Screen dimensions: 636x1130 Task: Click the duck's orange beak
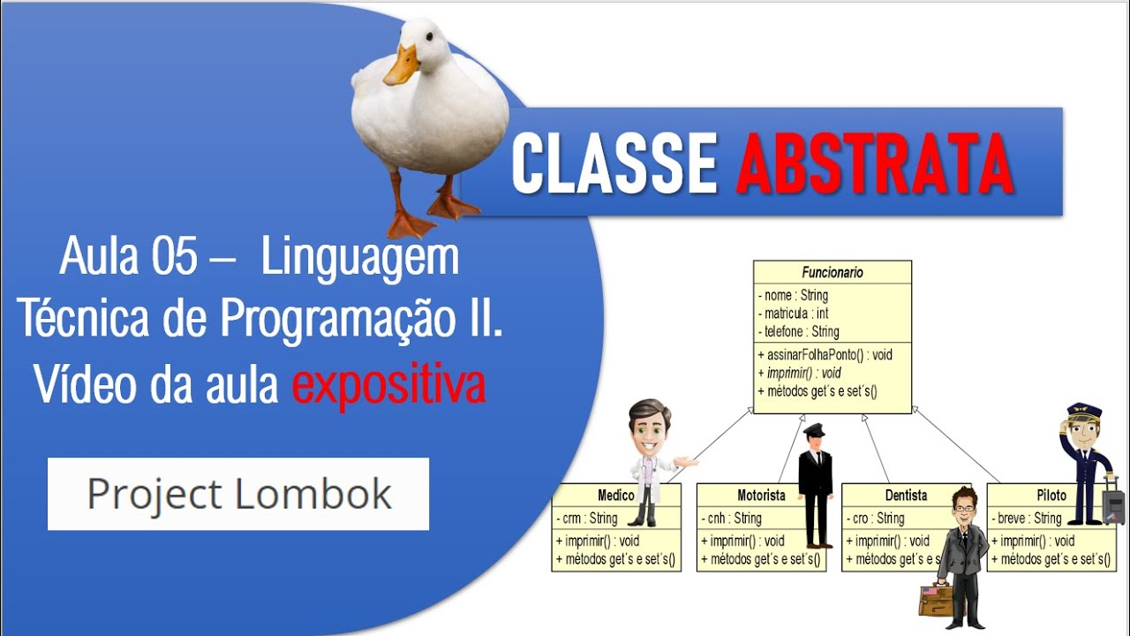[x=402, y=65]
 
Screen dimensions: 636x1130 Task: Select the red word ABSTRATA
[x=874, y=164]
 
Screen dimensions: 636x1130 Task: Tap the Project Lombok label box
[x=238, y=494]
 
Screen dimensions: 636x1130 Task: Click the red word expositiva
[x=388, y=386]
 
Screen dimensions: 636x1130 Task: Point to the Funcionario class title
[x=832, y=273]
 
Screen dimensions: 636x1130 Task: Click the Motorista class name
[x=761, y=496]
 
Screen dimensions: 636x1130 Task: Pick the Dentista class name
[x=906, y=496]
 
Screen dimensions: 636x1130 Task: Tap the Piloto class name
[x=1051, y=496]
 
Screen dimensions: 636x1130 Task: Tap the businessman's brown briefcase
[x=935, y=600]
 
